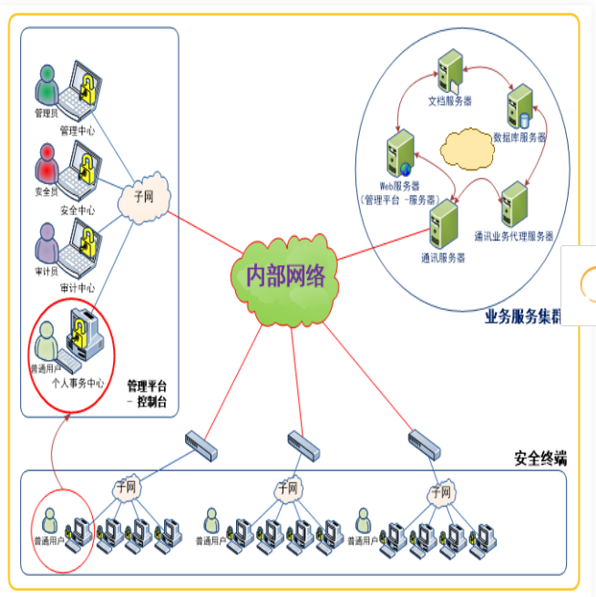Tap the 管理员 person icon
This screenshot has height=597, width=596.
pos(46,86)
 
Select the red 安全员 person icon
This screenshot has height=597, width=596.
pos(46,162)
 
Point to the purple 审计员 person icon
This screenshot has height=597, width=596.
pos(46,241)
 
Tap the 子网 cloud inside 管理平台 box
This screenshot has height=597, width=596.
pos(141,201)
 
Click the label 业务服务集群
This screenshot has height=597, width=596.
pos(522,317)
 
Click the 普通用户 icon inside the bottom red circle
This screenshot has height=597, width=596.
pos(50,523)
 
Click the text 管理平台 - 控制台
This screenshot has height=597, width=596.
pos(149,393)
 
